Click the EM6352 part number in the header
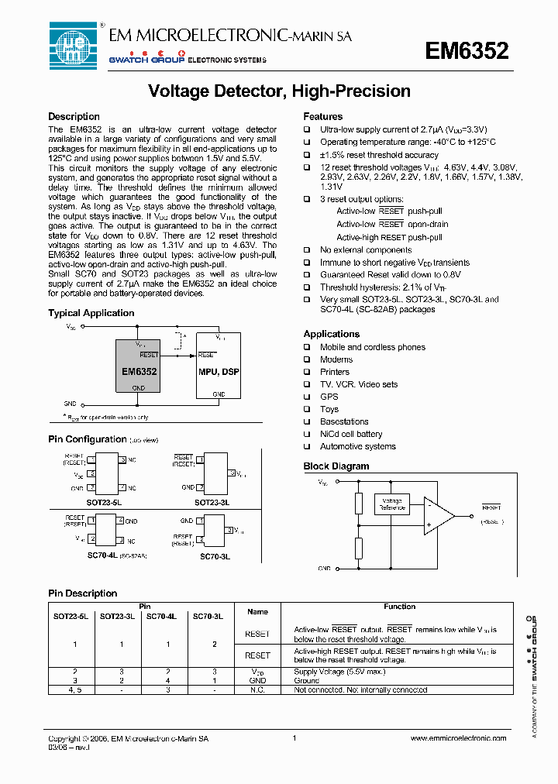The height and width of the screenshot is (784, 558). point(467,51)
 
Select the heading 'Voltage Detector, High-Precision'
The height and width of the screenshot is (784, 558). point(279,91)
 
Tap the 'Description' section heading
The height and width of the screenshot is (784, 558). point(74,117)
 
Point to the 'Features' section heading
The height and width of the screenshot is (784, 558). point(322,117)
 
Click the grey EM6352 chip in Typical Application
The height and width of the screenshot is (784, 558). point(139,370)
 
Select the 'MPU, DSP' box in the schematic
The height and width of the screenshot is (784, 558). point(219,370)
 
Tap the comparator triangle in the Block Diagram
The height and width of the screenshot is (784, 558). point(439,515)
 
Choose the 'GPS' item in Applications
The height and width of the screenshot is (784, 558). point(329,397)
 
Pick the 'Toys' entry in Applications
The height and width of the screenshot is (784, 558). point(329,409)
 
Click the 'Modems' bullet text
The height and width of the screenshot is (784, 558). point(336,359)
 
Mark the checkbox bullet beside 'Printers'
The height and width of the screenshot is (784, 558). point(307,372)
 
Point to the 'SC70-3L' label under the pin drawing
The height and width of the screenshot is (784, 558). point(215,556)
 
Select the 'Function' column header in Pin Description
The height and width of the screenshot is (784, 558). point(399,607)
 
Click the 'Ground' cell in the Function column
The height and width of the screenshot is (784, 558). point(306,680)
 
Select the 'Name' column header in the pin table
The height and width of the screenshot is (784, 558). point(257,612)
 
